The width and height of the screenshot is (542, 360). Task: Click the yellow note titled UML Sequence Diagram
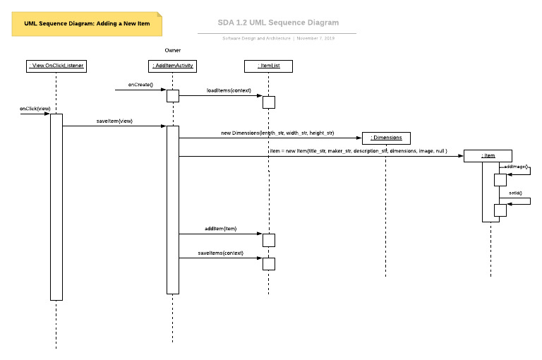point(87,23)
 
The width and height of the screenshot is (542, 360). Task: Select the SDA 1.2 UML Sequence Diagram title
point(277,23)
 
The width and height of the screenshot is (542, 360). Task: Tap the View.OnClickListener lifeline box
point(56,66)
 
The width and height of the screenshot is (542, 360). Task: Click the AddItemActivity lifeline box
point(172,66)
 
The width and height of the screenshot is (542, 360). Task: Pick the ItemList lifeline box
point(268,66)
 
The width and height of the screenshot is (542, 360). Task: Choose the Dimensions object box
point(385,137)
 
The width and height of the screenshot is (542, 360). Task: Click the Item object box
point(488,155)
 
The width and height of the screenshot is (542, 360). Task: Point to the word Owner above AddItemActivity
point(173,50)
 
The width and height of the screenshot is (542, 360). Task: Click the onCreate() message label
point(140,84)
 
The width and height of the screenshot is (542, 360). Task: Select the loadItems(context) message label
point(229,90)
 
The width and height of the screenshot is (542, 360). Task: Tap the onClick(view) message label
point(35,108)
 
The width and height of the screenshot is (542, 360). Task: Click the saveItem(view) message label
point(114,121)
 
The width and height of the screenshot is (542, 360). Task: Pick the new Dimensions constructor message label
point(277,132)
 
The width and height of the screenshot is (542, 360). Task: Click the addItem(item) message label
point(220,229)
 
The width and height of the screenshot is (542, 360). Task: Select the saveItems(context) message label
point(220,253)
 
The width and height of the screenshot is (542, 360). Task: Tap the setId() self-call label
point(515,192)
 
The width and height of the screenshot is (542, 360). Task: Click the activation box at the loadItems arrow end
point(268,102)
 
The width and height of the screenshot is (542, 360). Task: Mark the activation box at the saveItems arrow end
point(268,264)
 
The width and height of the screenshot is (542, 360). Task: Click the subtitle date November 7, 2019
point(315,38)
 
